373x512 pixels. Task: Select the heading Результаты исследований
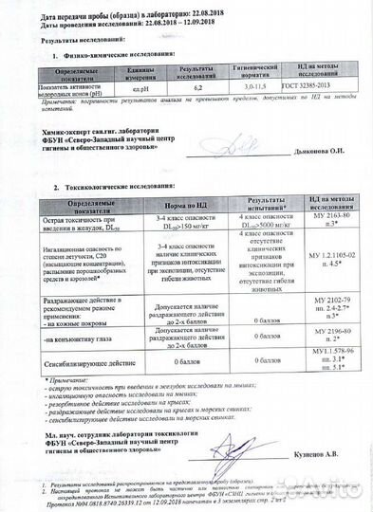(x=84, y=40)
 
